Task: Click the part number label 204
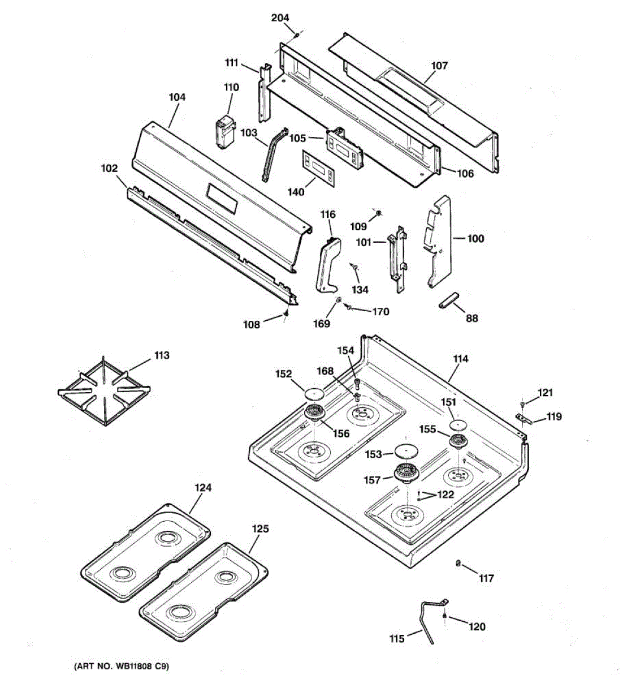tap(280, 18)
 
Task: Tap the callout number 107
tap(439, 66)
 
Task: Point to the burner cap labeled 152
tap(314, 394)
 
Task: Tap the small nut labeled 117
tap(458, 563)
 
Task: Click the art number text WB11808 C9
tap(122, 667)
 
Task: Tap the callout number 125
tap(260, 528)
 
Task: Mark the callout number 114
tap(460, 359)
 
